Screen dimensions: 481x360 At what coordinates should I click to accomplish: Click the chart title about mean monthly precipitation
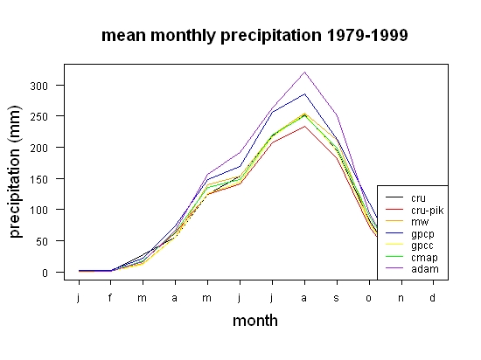(x=254, y=36)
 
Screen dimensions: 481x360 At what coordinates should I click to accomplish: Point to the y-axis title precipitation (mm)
(x=15, y=172)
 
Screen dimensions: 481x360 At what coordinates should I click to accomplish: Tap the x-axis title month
(x=255, y=321)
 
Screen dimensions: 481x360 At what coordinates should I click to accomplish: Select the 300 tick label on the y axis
(x=39, y=86)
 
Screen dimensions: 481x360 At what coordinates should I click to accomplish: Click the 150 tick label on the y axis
(x=39, y=179)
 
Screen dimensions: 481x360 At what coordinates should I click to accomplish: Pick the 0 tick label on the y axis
(x=45, y=273)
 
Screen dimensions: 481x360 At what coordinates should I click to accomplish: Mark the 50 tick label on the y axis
(x=42, y=241)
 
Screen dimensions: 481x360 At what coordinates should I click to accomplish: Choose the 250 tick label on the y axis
(x=39, y=117)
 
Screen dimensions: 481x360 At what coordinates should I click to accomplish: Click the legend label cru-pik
(x=428, y=211)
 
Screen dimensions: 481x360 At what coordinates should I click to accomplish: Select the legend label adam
(x=425, y=269)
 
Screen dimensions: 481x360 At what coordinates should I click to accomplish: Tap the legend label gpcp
(x=422, y=234)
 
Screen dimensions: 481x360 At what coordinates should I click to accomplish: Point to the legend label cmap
(x=424, y=258)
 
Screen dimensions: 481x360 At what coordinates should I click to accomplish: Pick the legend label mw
(x=420, y=222)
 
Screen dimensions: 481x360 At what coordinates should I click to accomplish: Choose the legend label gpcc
(x=422, y=246)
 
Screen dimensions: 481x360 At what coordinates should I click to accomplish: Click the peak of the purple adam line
(x=304, y=72)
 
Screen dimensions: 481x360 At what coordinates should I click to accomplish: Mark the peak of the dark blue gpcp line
(x=304, y=93)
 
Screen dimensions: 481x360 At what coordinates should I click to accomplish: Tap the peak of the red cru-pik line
(x=304, y=126)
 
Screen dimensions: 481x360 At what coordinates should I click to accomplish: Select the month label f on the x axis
(x=110, y=297)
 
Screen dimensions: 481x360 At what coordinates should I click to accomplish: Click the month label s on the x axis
(x=337, y=299)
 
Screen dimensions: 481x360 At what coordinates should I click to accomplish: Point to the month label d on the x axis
(x=432, y=297)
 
